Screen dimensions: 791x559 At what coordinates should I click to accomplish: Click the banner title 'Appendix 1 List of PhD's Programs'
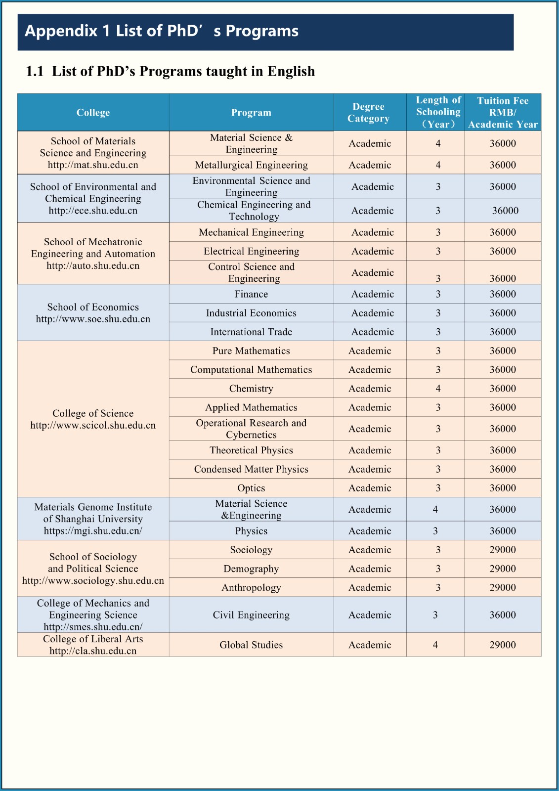[162, 31]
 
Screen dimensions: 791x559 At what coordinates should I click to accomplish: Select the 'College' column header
[93, 113]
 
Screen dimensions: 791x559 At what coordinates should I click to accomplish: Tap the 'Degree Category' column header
[369, 113]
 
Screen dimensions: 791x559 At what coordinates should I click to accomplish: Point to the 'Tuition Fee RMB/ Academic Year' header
[503, 113]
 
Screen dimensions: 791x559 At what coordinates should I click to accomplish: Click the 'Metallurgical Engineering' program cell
[251, 165]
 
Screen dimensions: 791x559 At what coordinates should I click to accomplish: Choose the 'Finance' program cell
[251, 294]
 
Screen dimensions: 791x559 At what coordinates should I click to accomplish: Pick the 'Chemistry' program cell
[251, 389]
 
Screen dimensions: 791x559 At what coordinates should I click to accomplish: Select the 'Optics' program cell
[251, 488]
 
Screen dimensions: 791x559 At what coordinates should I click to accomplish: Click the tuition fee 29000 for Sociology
[503, 550]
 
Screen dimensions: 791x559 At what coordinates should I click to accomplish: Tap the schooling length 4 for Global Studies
[435, 645]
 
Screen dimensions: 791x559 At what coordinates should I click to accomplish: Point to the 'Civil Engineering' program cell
[251, 615]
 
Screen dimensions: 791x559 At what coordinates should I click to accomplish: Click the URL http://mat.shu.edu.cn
[93, 165]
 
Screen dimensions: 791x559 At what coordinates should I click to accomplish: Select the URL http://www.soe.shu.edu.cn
[93, 319]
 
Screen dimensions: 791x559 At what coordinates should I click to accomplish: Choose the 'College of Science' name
[93, 413]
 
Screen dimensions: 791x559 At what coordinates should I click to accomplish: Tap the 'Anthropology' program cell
[251, 588]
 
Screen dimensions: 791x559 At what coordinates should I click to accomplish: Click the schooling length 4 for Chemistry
[438, 389]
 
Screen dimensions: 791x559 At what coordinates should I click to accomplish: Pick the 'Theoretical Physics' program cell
[251, 450]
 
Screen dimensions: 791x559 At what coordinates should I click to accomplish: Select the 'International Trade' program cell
[251, 332]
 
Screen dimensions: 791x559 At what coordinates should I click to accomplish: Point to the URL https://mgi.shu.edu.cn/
[93, 531]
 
